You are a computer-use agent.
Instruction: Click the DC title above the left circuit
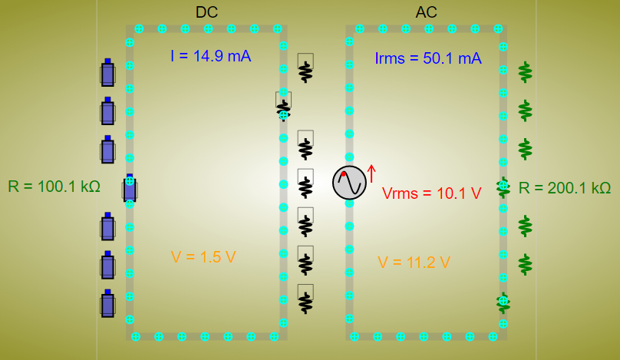(x=207, y=12)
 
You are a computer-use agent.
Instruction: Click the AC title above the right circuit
(x=426, y=12)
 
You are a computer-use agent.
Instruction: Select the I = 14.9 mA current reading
(x=210, y=56)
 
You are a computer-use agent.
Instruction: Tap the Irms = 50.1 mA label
(x=428, y=58)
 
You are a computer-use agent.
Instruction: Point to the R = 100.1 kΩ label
(x=54, y=187)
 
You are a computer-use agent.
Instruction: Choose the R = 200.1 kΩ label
(x=565, y=188)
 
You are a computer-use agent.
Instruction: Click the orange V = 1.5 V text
(x=203, y=257)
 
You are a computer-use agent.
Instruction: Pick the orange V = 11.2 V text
(x=414, y=263)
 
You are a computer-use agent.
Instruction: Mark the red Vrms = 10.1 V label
(x=431, y=193)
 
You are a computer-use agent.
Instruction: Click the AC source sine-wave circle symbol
(x=349, y=183)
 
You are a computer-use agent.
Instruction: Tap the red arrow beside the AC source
(x=371, y=173)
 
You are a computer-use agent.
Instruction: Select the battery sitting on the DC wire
(x=130, y=187)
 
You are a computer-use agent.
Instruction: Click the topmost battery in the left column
(x=107, y=74)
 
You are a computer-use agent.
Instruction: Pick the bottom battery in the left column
(x=107, y=304)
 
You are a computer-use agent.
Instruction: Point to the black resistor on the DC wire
(x=284, y=106)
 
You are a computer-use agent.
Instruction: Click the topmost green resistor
(x=525, y=72)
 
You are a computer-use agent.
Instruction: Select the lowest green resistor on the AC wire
(x=503, y=302)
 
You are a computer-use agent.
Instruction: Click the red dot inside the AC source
(x=344, y=174)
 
